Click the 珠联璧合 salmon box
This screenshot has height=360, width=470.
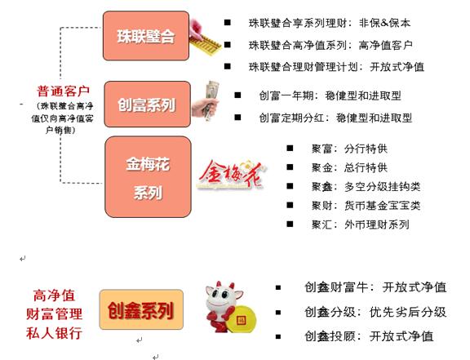point(146,36)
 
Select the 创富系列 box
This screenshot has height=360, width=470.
point(148,104)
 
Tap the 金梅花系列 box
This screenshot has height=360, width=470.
point(148,177)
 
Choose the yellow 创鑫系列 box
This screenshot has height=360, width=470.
point(141,309)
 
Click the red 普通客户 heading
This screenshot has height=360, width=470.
point(64,91)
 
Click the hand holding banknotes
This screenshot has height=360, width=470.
point(206,100)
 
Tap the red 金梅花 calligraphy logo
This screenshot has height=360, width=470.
point(230,176)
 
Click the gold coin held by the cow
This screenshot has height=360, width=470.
point(242,320)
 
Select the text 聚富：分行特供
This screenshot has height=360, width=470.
point(349,149)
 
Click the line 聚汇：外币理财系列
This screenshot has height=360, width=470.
point(361,224)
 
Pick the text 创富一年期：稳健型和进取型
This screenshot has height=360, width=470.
point(330,96)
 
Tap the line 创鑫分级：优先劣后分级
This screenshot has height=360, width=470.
point(375,312)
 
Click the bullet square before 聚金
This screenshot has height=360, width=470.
point(290,167)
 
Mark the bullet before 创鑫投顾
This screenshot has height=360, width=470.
point(278,336)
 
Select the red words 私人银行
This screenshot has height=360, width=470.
point(54,333)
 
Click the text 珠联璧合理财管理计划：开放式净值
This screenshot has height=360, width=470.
point(336,67)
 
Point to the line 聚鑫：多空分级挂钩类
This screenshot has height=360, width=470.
point(366,187)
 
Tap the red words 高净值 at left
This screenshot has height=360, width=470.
point(54,296)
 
